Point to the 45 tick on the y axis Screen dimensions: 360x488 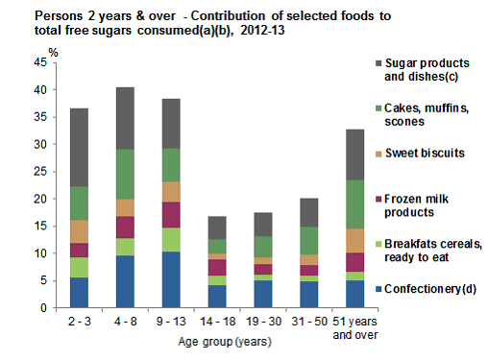53,62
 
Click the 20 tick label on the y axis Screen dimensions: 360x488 53,200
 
